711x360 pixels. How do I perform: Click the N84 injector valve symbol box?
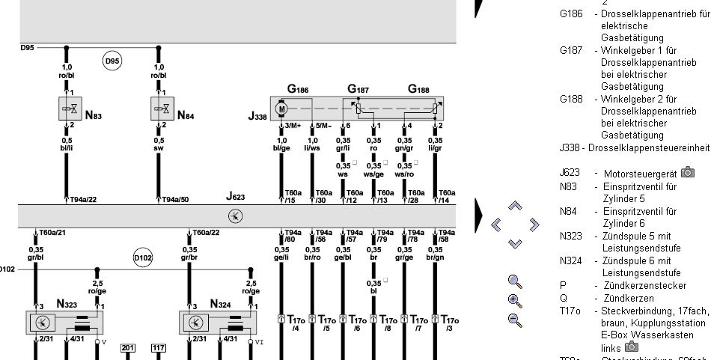[x=162, y=109]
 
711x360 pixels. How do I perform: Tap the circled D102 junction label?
[x=143, y=258]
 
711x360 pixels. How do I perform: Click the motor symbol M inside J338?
[x=282, y=109]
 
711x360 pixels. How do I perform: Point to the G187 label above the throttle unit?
[x=358, y=89]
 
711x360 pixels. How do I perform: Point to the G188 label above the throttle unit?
[x=419, y=89]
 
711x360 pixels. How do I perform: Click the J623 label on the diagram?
[x=236, y=197]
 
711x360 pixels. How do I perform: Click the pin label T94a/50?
[x=175, y=199]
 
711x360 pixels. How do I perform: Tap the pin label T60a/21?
[x=53, y=233]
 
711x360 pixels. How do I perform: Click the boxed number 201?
[x=128, y=347]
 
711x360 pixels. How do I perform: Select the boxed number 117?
[x=159, y=347]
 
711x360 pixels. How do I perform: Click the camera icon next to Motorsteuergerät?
[x=687, y=174]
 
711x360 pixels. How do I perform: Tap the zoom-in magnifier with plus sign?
[x=514, y=301]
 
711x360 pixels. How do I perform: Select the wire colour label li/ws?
[x=313, y=148]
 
